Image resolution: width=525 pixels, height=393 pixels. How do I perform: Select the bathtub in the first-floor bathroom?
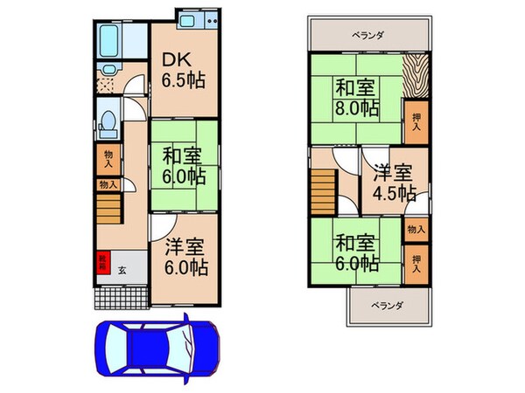click(110, 40)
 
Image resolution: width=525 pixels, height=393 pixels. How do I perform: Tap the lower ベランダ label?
click(385, 306)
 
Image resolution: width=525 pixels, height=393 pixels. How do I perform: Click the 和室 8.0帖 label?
click(356, 98)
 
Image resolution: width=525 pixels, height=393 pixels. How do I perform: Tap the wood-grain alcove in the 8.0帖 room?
click(416, 78)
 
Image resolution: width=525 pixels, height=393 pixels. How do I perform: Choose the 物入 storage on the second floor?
click(416, 230)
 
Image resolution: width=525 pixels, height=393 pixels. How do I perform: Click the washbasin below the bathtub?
click(109, 72)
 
